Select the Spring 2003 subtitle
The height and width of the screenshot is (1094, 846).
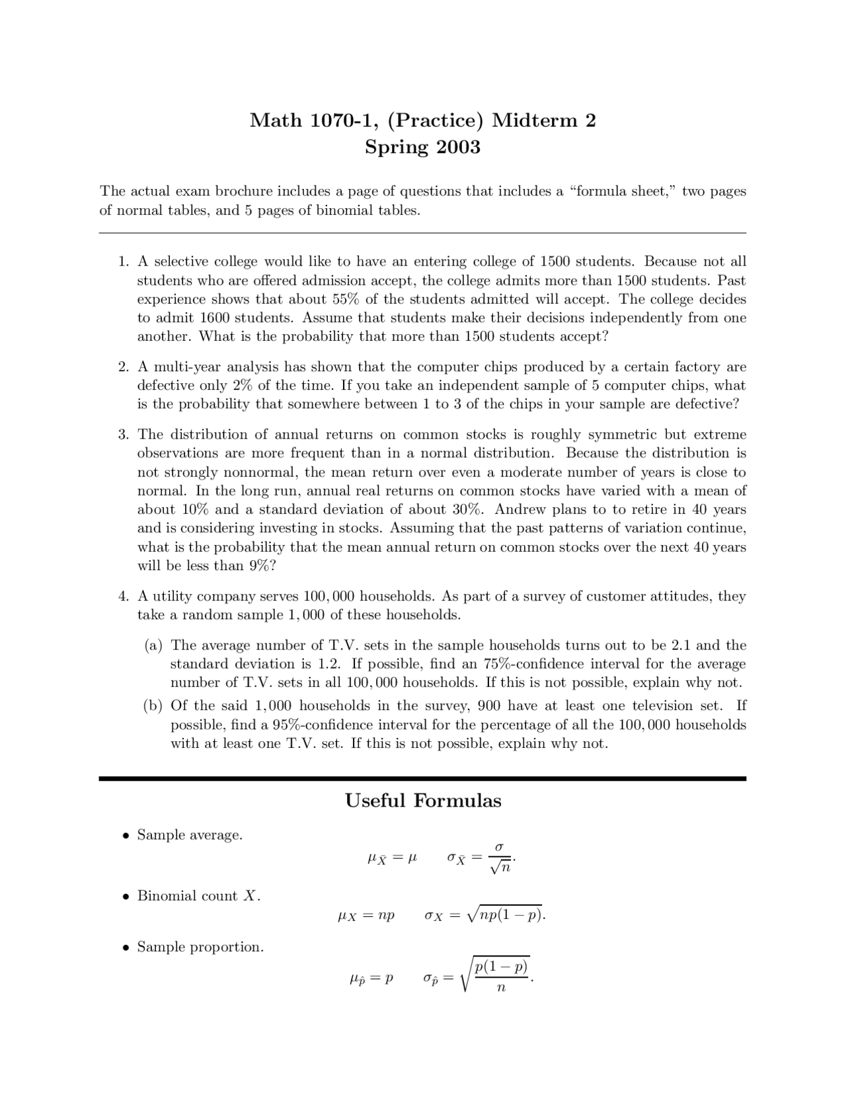click(422, 147)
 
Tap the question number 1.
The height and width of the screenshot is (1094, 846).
click(123, 262)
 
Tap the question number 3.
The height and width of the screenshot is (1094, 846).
click(123, 435)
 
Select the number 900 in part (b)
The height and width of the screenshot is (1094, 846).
click(488, 706)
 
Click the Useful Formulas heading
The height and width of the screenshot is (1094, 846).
click(423, 801)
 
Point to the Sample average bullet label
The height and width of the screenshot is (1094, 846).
click(190, 835)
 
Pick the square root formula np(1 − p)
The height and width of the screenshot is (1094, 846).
click(506, 916)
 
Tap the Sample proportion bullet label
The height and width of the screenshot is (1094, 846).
click(200, 947)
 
